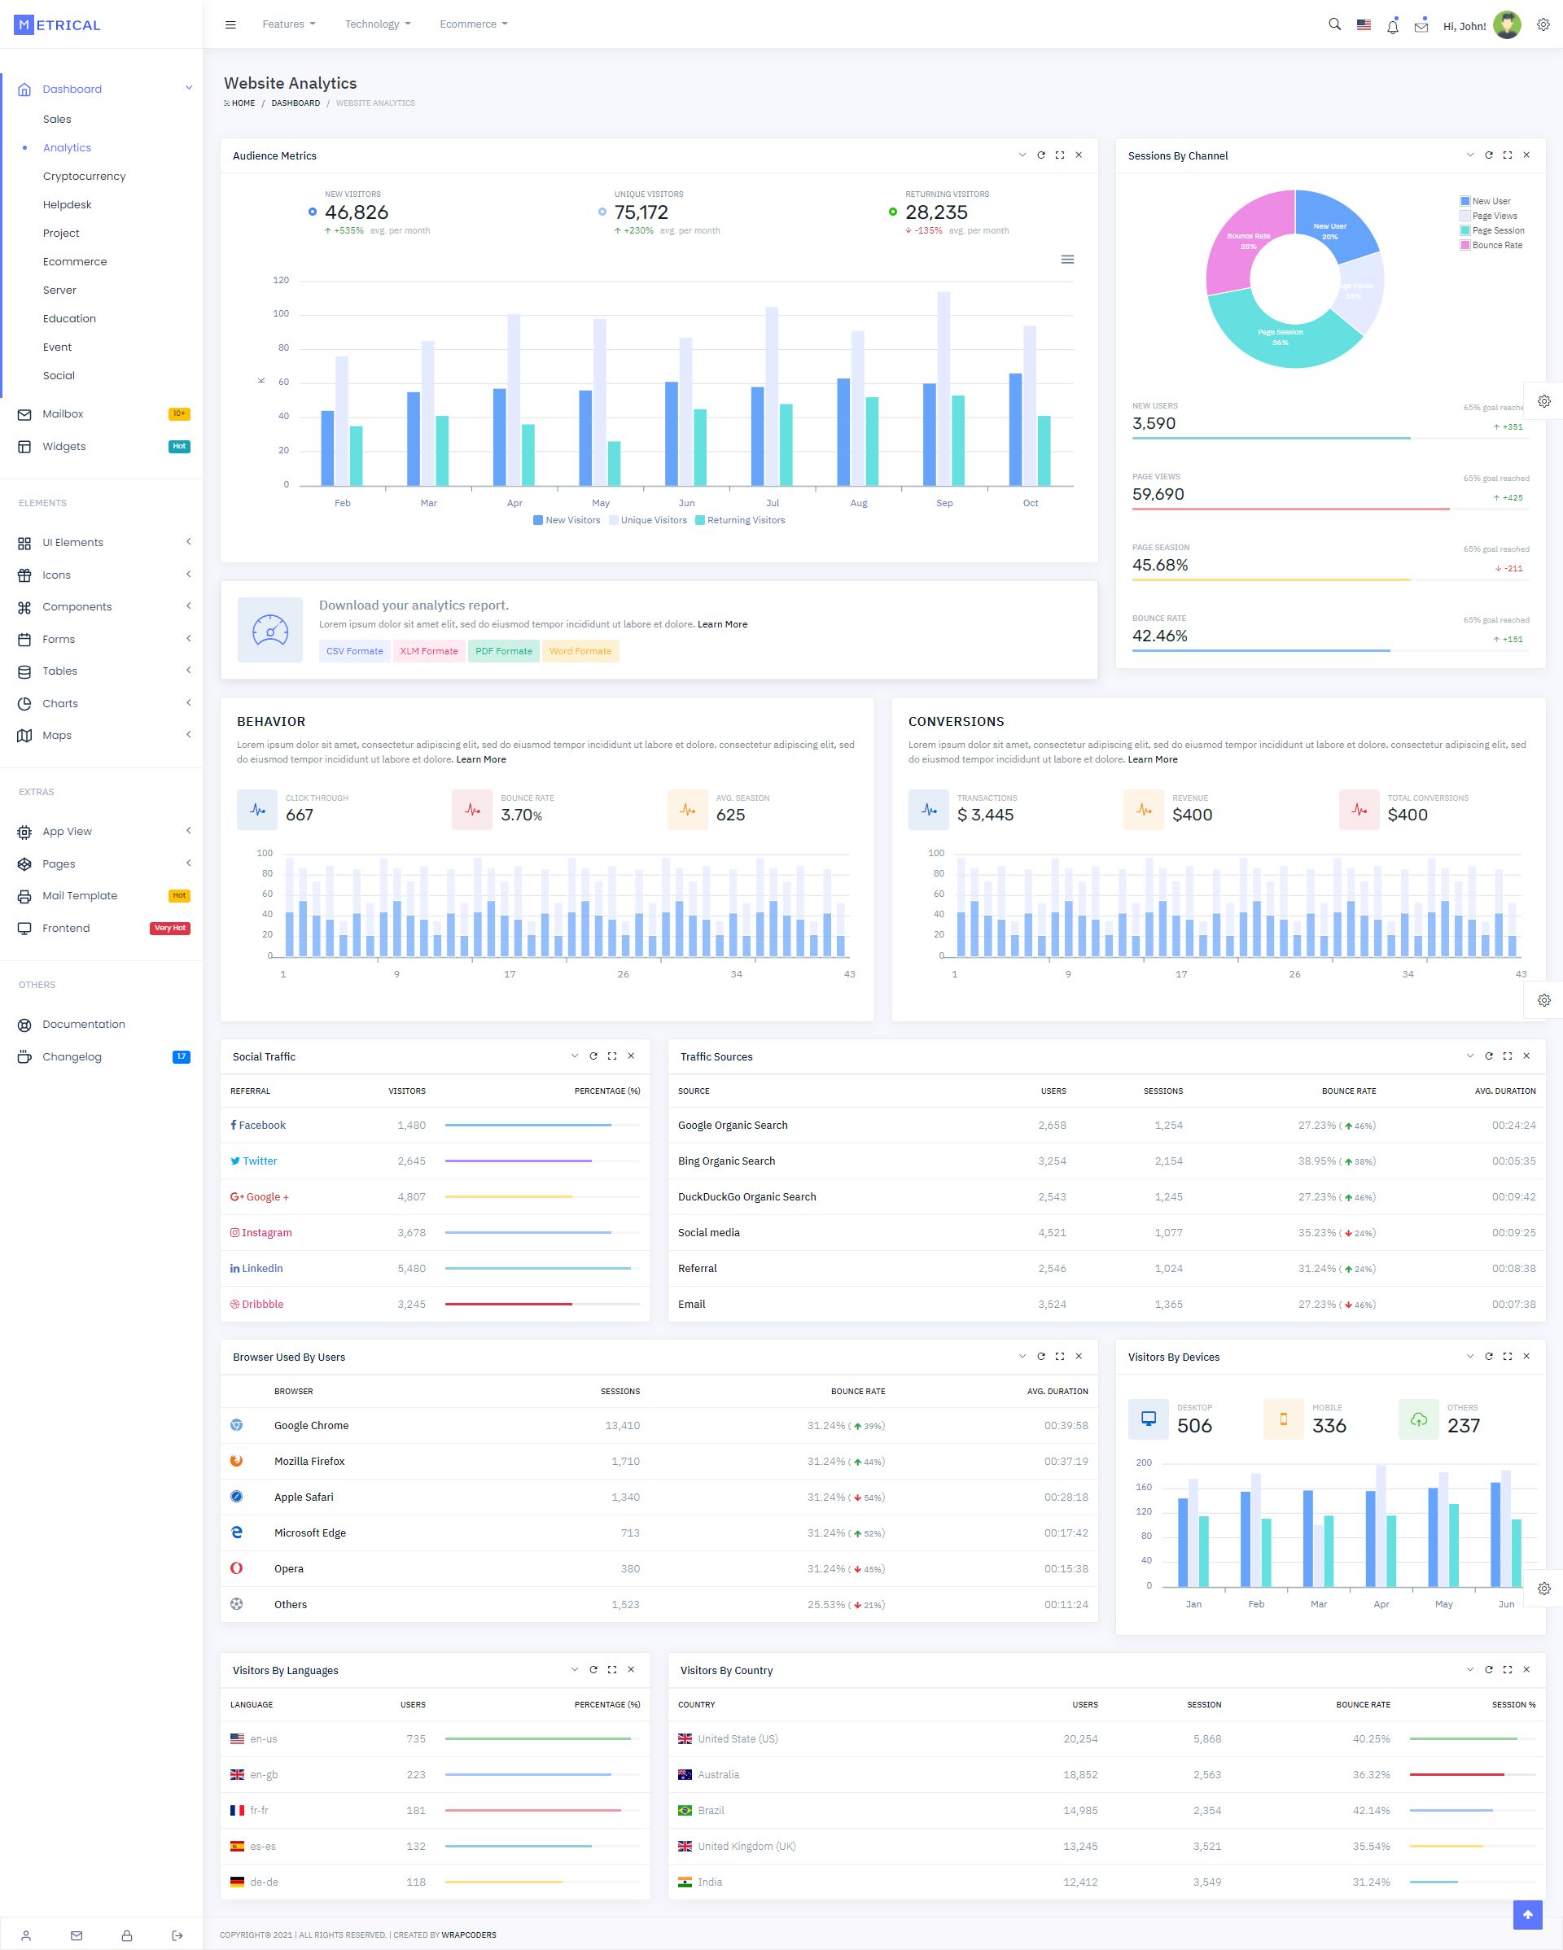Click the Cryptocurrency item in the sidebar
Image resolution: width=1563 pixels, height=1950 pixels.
[x=84, y=177]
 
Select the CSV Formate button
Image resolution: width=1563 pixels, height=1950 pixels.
[x=355, y=651]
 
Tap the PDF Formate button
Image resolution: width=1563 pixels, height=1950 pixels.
[x=504, y=651]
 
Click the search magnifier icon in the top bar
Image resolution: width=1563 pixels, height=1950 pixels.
[x=1334, y=24]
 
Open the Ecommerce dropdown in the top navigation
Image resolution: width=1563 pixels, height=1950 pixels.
[x=473, y=24]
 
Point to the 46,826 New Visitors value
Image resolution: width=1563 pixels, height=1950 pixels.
[x=357, y=212]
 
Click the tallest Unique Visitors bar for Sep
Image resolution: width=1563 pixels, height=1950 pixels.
[x=943, y=388]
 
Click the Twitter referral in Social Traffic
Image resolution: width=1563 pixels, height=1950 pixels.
[x=260, y=1161]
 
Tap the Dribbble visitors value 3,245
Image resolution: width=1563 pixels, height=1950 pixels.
[x=412, y=1305]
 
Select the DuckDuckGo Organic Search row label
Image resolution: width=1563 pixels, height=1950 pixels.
[x=747, y=1196]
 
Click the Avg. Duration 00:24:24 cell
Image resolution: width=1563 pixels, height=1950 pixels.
[x=1513, y=1125]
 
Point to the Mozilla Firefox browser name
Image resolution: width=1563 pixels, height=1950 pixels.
[x=309, y=1462]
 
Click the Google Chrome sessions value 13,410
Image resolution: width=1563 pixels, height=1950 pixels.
[x=622, y=1425]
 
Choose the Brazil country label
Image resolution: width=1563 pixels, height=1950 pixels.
[x=711, y=1810]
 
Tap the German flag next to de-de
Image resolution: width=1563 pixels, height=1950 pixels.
[x=237, y=1882]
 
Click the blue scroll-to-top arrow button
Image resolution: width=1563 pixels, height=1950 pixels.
[x=1528, y=1914]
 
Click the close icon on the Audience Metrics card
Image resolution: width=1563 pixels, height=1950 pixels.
[x=1078, y=155]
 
